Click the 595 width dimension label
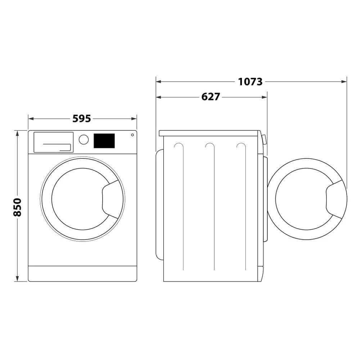pyautogui.click(x=82, y=118)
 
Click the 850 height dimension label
pyautogui.click(x=17, y=207)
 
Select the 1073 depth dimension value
pyautogui.click(x=250, y=82)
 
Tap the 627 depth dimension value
pyautogui.click(x=211, y=97)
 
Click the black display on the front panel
pyautogui.click(x=104, y=141)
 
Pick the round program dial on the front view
pyautogui.click(x=84, y=139)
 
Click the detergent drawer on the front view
pyautogui.click(x=53, y=142)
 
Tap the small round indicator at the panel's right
pyautogui.click(x=132, y=135)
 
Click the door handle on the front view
pyautogui.click(x=112, y=199)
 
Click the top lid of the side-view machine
pyautogui.click(x=209, y=133)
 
